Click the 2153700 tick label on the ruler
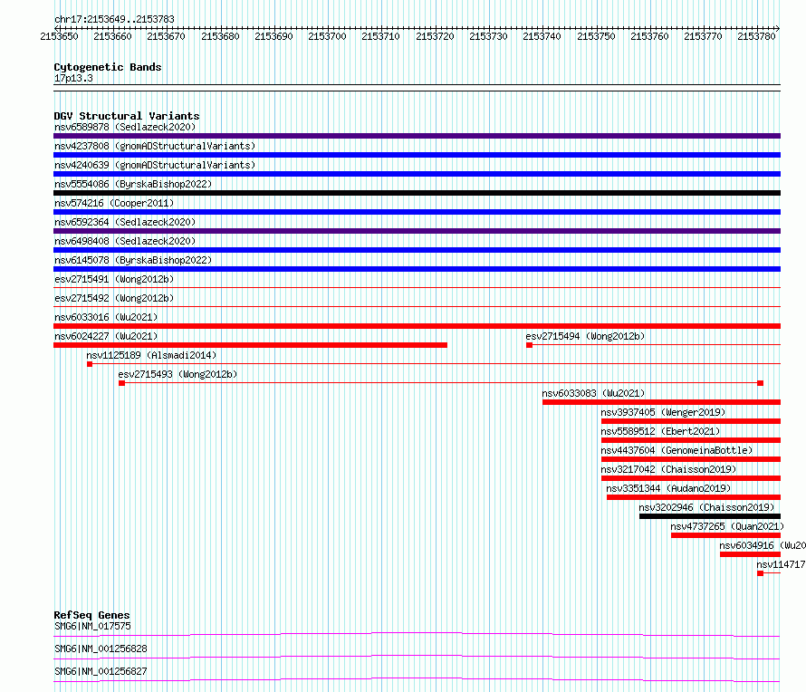327,36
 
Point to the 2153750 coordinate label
596,36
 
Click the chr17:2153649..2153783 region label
114,20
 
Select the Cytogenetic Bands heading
108,67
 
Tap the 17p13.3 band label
73,78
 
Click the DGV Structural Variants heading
127,116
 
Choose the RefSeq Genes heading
91,615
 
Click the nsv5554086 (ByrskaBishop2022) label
133,184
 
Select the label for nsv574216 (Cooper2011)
114,203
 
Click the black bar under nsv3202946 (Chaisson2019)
710,516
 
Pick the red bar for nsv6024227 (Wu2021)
250,345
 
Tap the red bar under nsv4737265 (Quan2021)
725,535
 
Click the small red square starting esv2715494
530,345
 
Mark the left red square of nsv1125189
90,364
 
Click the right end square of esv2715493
760,383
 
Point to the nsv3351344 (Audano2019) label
668,488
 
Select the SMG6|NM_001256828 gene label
101,649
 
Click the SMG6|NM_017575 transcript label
92,626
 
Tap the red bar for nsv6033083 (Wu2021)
662,402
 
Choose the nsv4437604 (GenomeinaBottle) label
676,450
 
